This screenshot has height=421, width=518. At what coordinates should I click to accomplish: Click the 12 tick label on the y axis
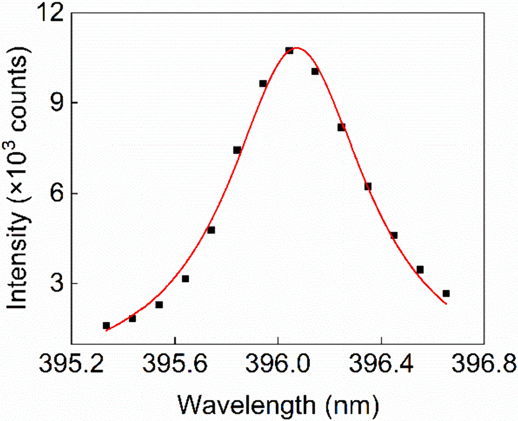coord(50,14)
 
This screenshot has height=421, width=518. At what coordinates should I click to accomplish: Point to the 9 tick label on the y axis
coord(57,103)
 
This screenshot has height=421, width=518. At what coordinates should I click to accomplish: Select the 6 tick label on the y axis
coord(57,193)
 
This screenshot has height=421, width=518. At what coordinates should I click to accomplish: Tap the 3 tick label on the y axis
coord(57,284)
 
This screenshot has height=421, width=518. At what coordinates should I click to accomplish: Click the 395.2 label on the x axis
coord(72,364)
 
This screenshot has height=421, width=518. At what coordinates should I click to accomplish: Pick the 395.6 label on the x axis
coord(176,364)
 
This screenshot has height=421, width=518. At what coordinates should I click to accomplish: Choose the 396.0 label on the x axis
coord(278,364)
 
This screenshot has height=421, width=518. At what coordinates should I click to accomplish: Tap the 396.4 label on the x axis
coord(382,364)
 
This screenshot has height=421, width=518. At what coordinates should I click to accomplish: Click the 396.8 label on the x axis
coord(484,364)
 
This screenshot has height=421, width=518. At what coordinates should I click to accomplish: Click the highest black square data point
coord(289,50)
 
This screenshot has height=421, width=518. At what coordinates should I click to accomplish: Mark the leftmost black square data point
coord(106,326)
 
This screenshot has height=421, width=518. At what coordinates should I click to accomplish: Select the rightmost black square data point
coord(446,293)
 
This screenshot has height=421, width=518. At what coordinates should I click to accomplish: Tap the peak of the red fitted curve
coord(297,48)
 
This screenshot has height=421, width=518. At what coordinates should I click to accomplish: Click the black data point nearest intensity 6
coord(368,186)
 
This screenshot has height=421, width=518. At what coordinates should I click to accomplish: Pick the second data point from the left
coord(132,318)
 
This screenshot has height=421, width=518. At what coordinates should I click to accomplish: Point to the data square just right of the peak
coord(315,72)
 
